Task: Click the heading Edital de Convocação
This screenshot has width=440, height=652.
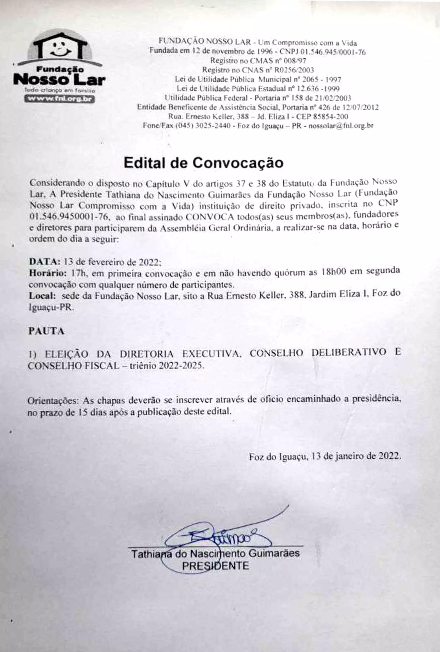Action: pyautogui.click(x=204, y=163)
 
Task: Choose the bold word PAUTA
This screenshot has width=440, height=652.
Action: pyautogui.click(x=46, y=331)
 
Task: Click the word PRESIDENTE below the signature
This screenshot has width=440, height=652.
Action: pyautogui.click(x=215, y=566)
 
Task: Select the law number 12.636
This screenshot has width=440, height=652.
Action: pyautogui.click(x=308, y=89)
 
